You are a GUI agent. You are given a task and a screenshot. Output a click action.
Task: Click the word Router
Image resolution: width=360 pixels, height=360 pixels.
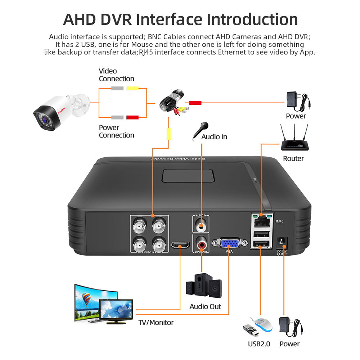293,158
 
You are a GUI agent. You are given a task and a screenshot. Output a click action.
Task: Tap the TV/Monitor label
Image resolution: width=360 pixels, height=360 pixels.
156,323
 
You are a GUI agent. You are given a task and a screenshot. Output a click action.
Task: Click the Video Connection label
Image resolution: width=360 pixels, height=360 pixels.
116,75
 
